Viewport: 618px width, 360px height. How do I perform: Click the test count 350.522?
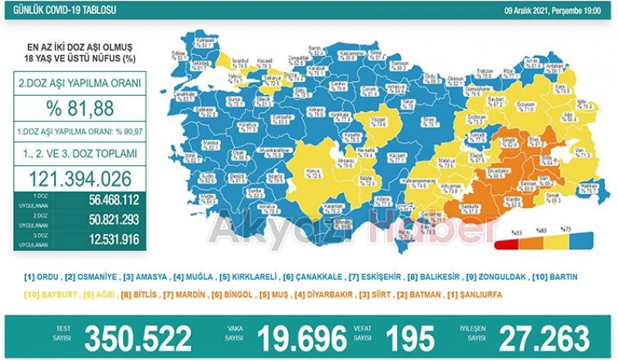point(138,338)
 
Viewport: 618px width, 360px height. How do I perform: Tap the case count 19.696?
point(301,338)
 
